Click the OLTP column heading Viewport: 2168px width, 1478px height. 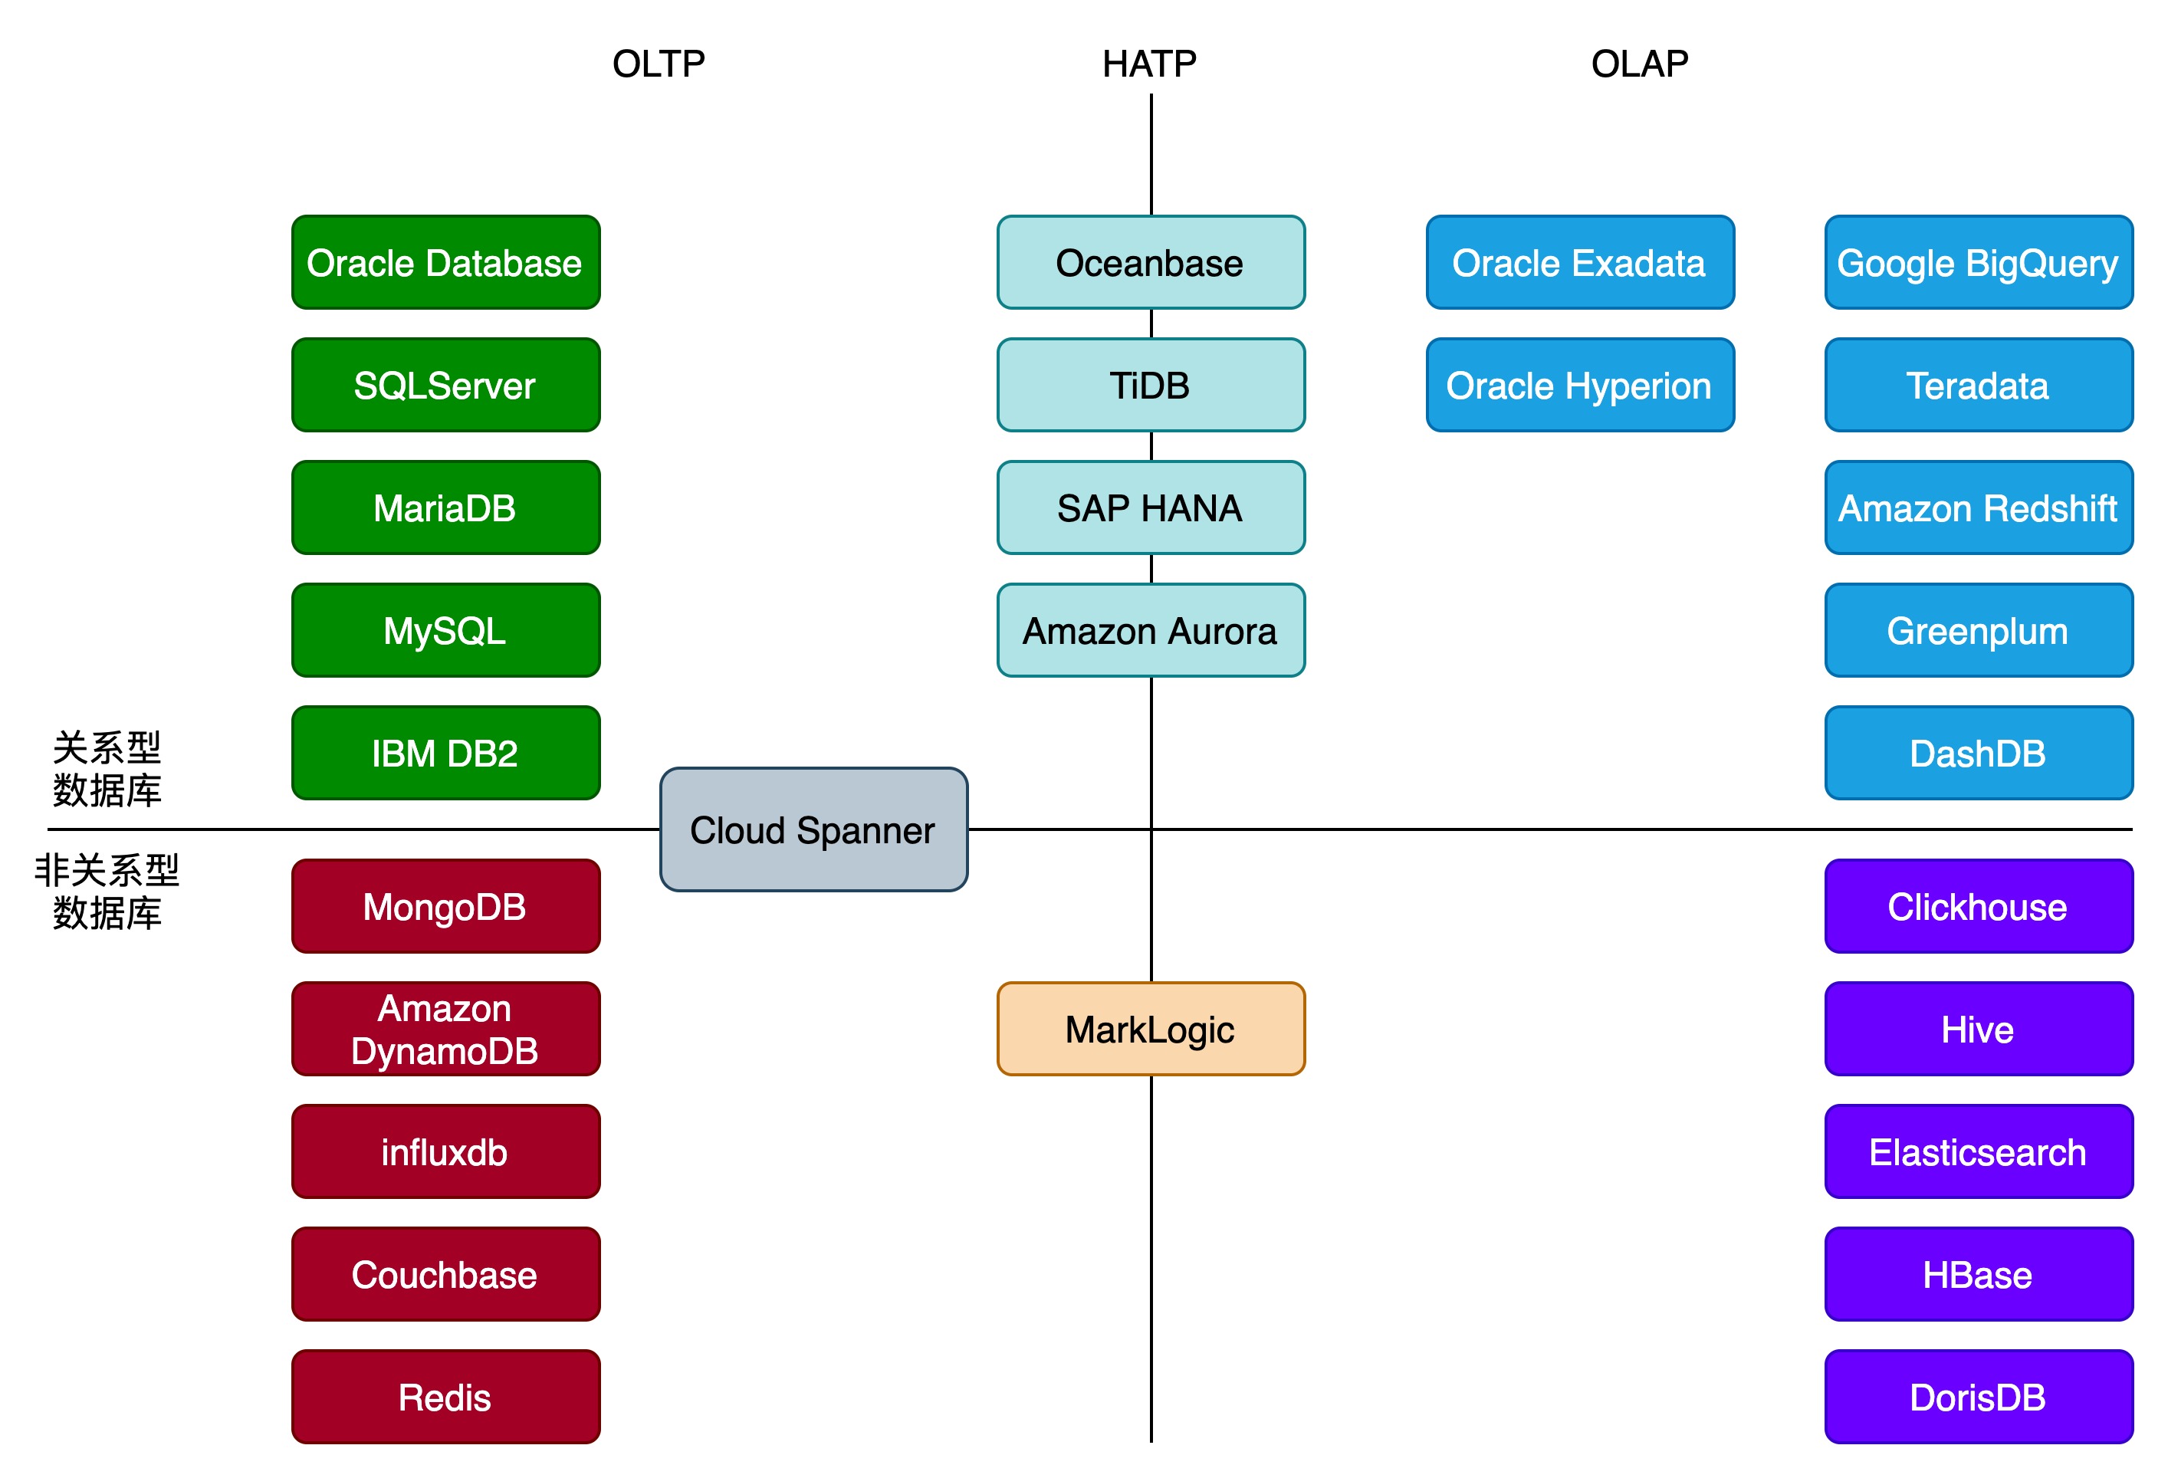tap(659, 64)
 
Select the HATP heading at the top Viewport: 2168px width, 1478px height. tap(1149, 64)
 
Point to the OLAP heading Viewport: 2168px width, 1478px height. tap(1639, 64)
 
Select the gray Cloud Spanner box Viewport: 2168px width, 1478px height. tap(813, 829)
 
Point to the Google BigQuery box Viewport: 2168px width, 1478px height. tap(1979, 262)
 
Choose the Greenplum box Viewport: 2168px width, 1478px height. tap(1979, 630)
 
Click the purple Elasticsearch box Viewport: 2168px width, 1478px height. tap(1979, 1151)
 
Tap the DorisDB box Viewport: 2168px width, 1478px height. tap(1979, 1397)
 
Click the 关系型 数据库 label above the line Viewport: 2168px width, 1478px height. tap(107, 769)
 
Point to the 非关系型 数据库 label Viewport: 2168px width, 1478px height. tap(107, 891)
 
